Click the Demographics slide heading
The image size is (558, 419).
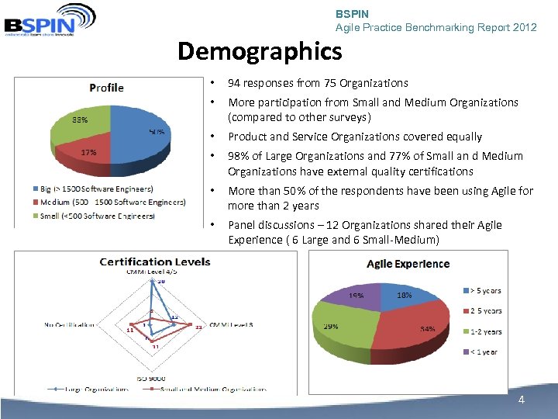259,52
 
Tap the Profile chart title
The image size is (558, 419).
106,87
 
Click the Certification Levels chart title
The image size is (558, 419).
154,261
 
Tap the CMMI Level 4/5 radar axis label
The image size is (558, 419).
152,272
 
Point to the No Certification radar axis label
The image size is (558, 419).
70,324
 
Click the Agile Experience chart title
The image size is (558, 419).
408,264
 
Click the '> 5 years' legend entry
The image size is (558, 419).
481,291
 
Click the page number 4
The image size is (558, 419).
522,400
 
